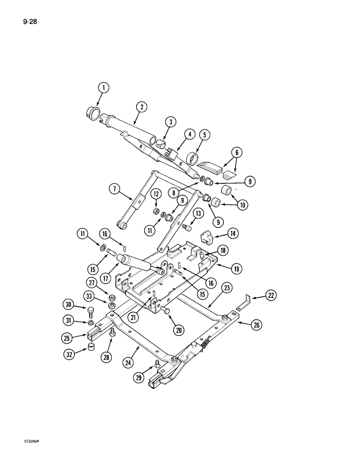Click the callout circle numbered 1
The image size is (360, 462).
[x=104, y=87]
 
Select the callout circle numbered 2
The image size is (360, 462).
[x=141, y=107]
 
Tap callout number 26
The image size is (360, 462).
[x=257, y=326]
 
